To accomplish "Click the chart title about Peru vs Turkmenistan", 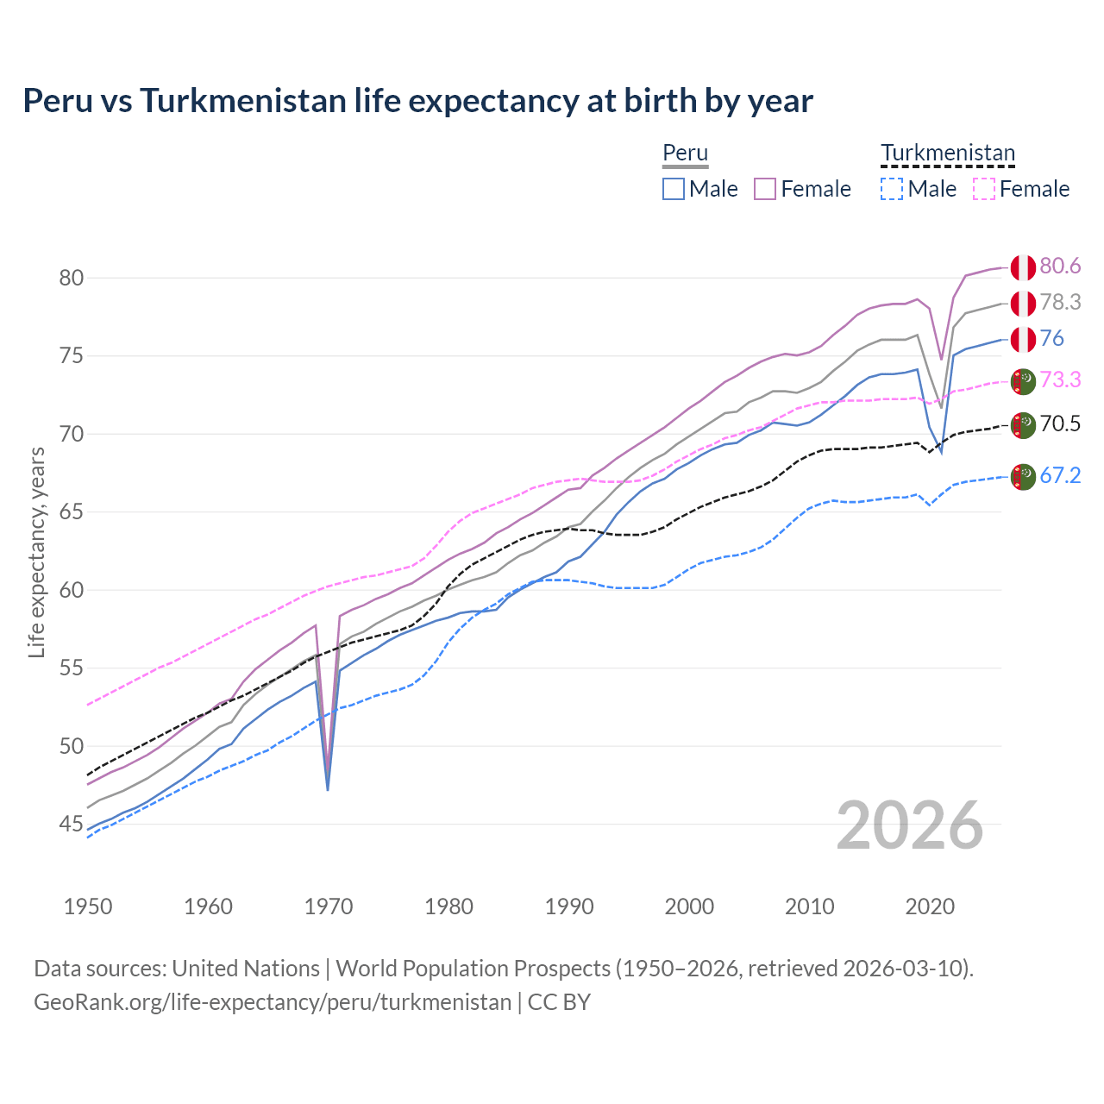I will click(417, 101).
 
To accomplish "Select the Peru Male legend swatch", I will click(674, 189).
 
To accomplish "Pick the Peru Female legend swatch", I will click(765, 189).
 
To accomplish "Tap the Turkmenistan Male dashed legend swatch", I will click(892, 189).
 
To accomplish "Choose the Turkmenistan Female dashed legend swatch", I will click(984, 189).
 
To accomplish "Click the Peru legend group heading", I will click(685, 154).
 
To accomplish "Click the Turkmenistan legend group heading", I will click(947, 154).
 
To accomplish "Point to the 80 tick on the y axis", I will click(72, 278).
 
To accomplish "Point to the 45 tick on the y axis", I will click(72, 825).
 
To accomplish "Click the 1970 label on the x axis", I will click(329, 906).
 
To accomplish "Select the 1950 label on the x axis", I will click(88, 906).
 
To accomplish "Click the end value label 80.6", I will click(1060, 267).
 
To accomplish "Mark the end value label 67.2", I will click(1060, 475).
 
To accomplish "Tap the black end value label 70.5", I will click(1060, 423).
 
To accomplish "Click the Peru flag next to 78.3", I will click(1023, 303).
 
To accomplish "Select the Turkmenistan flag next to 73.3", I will click(1023, 380).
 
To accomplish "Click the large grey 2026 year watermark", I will click(909, 825).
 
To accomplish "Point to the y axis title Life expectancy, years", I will click(37, 552).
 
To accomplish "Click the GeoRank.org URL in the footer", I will click(273, 1002).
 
